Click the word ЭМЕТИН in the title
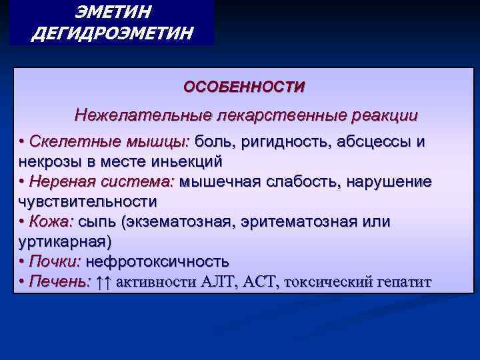111,12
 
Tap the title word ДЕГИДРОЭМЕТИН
111,33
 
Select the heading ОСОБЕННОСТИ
245,87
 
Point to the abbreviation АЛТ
217,282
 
